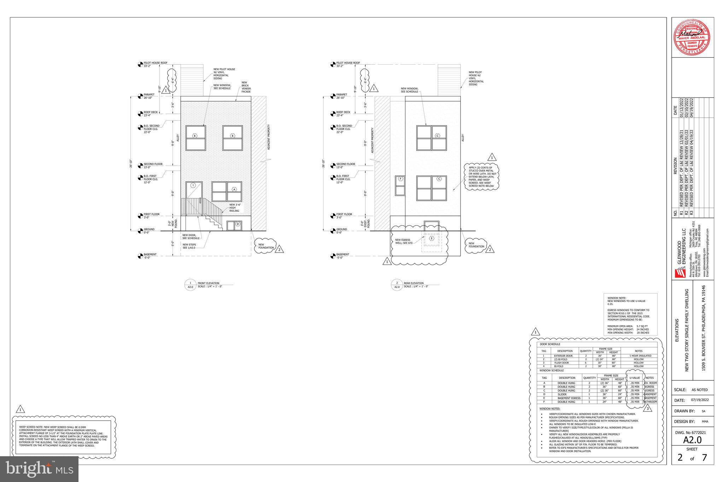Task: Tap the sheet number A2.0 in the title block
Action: pyautogui.click(x=692, y=440)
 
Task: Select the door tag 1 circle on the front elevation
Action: pyautogui.click(x=193, y=185)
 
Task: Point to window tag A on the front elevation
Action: pyautogui.click(x=234, y=189)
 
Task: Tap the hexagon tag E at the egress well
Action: pyautogui.click(x=431, y=238)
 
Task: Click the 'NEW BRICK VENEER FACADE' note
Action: pyautogui.click(x=246, y=87)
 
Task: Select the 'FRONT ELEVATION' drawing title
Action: pyautogui.click(x=208, y=283)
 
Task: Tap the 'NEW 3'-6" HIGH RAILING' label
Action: pyautogui.click(x=234, y=208)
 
